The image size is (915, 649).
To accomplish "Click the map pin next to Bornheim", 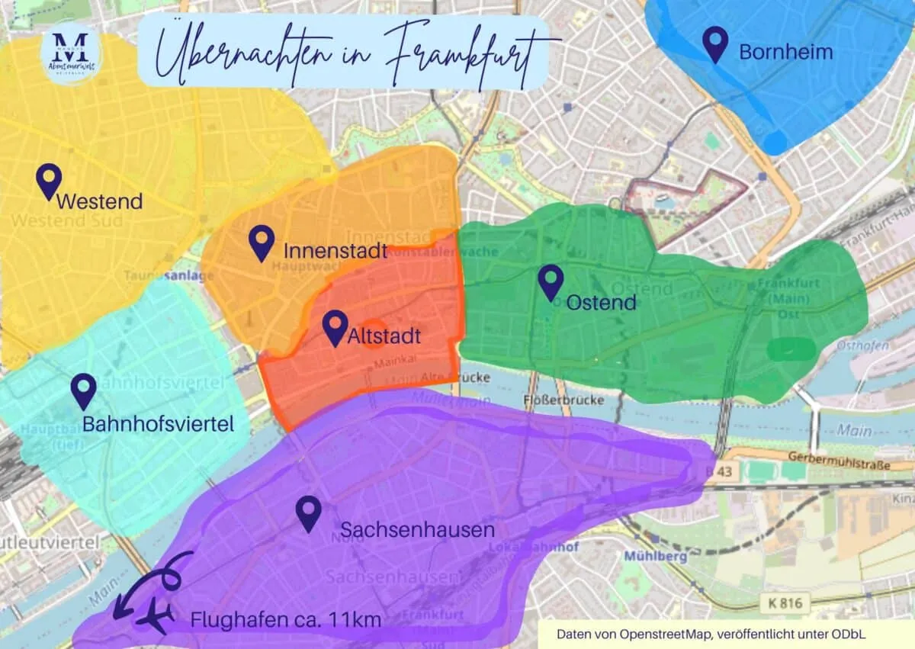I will (x=715, y=43).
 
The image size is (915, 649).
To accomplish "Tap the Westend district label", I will (x=99, y=201).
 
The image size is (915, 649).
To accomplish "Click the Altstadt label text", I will (x=384, y=336).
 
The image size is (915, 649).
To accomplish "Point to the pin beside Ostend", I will (x=551, y=282).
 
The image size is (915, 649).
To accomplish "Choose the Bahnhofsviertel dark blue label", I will (x=158, y=424).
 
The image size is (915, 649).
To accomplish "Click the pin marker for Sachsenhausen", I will (x=309, y=513).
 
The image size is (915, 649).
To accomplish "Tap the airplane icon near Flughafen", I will (x=155, y=618).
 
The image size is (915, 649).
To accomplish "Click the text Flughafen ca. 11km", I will (x=285, y=620).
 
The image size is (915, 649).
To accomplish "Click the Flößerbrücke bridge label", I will (x=564, y=400).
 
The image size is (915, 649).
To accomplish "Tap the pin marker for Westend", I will (x=50, y=181).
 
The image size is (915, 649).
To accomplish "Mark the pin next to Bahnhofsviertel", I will (x=83, y=390).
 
